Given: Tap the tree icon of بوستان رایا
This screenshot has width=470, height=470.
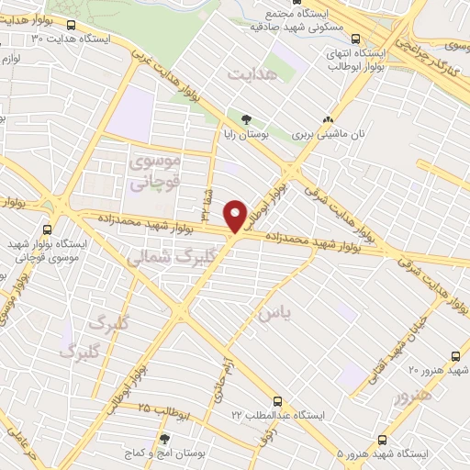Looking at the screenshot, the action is (246, 118).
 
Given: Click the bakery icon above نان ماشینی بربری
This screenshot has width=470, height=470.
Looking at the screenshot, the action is (329, 118).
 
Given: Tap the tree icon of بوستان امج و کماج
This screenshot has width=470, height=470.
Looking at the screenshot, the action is (165, 440).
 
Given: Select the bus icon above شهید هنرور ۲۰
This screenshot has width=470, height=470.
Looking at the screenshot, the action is (456, 356).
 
